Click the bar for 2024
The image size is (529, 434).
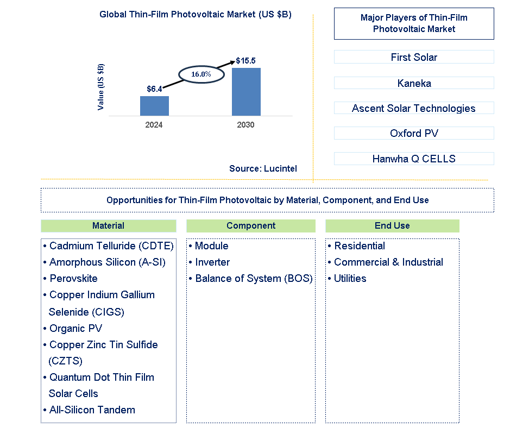pyautogui.click(x=154, y=106)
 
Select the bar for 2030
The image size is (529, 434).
pyautogui.click(x=246, y=92)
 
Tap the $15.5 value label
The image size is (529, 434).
pyautogui.click(x=245, y=61)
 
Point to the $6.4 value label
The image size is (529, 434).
pyautogui.click(x=154, y=89)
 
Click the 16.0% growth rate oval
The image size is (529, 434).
pyautogui.click(x=200, y=74)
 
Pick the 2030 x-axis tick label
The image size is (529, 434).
pyautogui.click(x=245, y=125)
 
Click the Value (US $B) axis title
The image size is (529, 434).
pyautogui.click(x=101, y=87)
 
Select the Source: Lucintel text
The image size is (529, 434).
pyautogui.click(x=263, y=168)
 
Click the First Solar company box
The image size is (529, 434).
pyautogui.click(x=414, y=57)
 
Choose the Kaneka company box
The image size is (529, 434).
pyautogui.click(x=414, y=83)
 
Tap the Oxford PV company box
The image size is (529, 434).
pyautogui.click(x=414, y=133)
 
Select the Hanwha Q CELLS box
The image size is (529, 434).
pyautogui.click(x=414, y=159)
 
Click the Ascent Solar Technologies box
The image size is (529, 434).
pyautogui.click(x=414, y=108)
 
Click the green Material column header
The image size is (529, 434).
pyautogui.click(x=108, y=226)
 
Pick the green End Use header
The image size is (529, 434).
pyautogui.click(x=392, y=226)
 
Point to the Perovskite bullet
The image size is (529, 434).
pyautogui.click(x=73, y=279)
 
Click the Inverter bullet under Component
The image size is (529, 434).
pyautogui.click(x=212, y=262)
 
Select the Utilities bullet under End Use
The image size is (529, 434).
pyautogui.click(x=350, y=279)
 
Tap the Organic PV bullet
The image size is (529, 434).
pyautogui.click(x=75, y=329)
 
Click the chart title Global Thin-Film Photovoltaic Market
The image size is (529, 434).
pyautogui.click(x=196, y=15)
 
